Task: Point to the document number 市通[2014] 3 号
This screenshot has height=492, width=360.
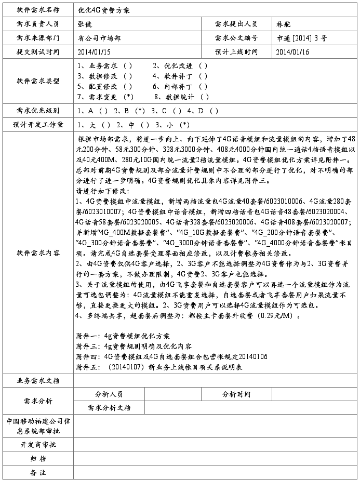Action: click(x=301, y=38)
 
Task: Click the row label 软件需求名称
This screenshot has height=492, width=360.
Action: click(x=38, y=10)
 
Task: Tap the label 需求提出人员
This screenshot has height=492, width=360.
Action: click(x=236, y=24)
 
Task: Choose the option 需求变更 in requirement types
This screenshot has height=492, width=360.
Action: click(x=104, y=97)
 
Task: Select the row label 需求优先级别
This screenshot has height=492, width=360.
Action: click(x=38, y=111)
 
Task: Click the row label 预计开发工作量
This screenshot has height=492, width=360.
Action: click(x=38, y=125)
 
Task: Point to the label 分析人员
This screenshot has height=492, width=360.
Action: click(x=109, y=394)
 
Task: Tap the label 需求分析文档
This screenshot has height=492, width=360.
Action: click(x=109, y=408)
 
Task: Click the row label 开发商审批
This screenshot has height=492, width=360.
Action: click(x=38, y=445)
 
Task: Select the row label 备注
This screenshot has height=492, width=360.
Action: click(x=38, y=472)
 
